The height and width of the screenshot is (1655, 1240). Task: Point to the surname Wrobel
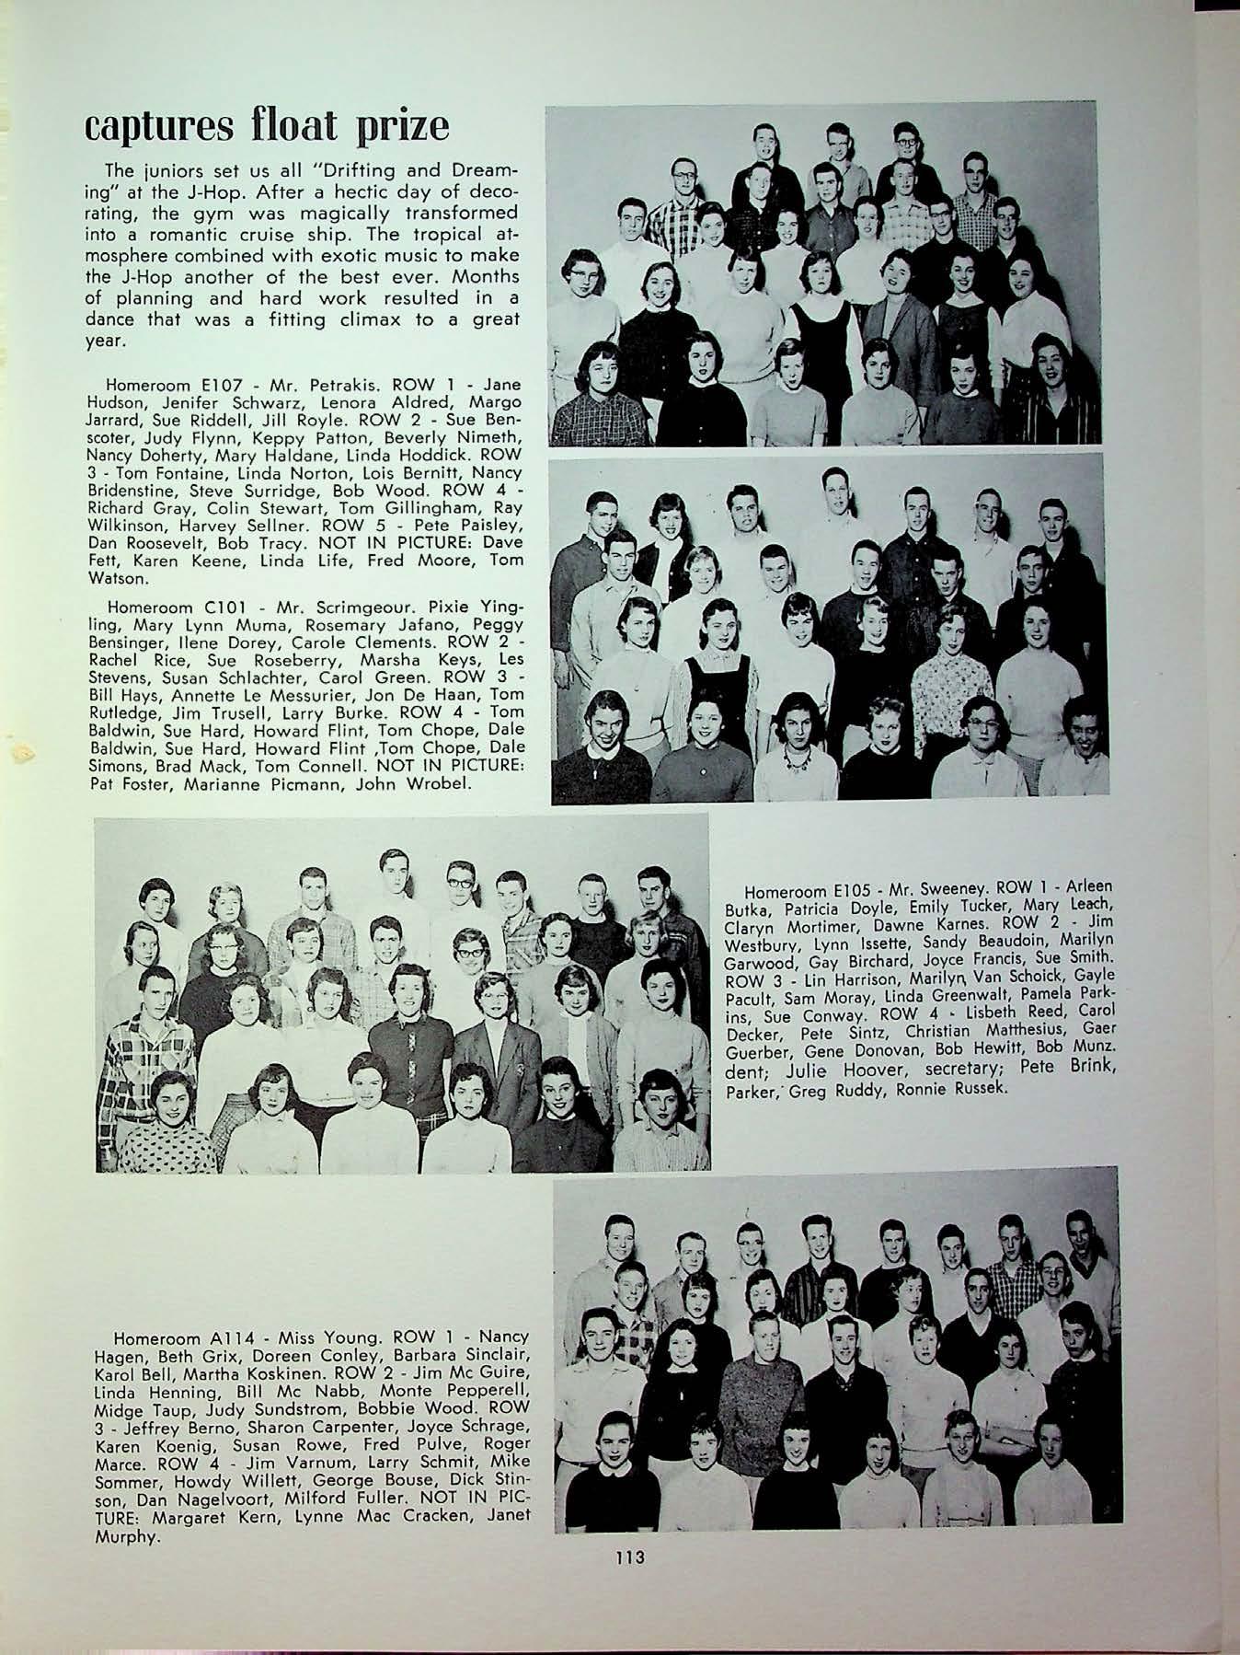point(415,783)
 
